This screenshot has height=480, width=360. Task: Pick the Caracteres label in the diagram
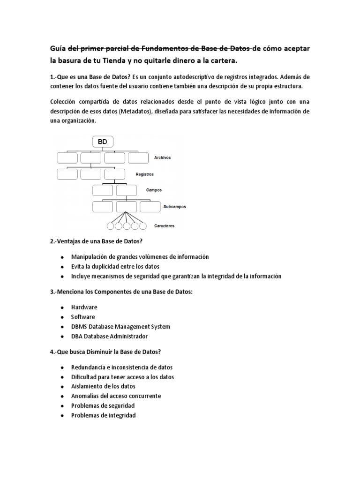165,225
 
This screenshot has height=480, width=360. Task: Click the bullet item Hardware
84,307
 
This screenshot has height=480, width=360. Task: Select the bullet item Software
83,317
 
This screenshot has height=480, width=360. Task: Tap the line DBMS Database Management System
120,326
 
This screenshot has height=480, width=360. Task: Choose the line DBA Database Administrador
109,337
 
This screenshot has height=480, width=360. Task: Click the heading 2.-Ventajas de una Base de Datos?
103,241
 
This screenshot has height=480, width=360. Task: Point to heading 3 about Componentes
121,292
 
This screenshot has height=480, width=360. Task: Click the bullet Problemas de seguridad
103,405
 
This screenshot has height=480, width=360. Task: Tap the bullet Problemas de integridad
103,415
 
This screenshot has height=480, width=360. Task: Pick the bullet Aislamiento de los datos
103,386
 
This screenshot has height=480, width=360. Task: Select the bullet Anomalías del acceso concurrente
116,396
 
